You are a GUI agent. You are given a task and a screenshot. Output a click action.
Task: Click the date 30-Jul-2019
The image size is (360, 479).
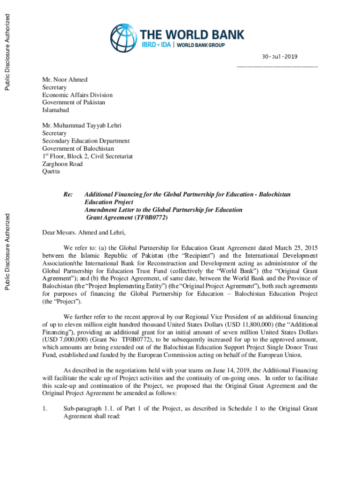click(277, 57)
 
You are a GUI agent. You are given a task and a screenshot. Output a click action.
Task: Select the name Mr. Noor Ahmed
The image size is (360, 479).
click(65, 80)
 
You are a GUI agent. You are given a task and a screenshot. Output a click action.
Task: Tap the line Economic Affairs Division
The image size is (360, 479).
click(77, 95)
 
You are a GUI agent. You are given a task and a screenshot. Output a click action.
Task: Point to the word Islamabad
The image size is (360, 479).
click(56, 110)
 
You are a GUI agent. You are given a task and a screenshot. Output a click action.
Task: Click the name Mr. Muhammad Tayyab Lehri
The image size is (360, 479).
click(81, 126)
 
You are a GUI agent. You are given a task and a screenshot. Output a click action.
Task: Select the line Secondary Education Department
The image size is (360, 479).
click(86, 141)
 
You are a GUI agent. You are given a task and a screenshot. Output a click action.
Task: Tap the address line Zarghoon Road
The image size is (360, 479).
click(63, 164)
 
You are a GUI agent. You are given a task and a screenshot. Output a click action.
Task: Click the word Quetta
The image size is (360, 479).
click(51, 171)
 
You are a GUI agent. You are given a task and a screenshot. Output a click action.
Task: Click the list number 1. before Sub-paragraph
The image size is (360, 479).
click(45, 409)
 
